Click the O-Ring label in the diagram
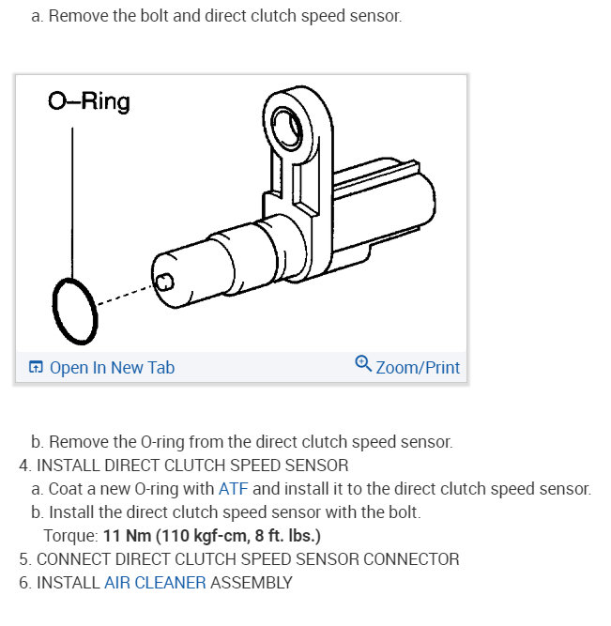88,101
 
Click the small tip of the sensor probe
165,280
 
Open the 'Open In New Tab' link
111,368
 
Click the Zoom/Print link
418,367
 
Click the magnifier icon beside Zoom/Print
363,364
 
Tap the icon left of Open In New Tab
36,368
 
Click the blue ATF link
234,489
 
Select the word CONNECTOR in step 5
412,559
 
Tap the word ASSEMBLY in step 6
251,583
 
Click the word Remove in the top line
74,17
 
